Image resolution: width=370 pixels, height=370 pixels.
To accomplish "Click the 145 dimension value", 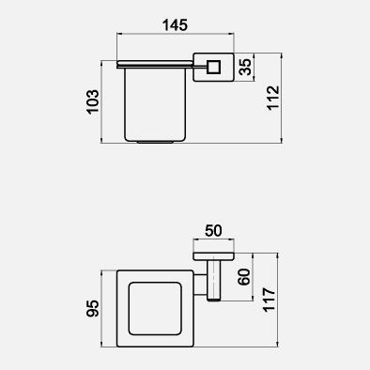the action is pyautogui.click(x=175, y=25).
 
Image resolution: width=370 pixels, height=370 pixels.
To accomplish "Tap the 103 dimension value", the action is pyautogui.click(x=93, y=102).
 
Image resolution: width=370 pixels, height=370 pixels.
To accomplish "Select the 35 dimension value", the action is pyautogui.click(x=245, y=67).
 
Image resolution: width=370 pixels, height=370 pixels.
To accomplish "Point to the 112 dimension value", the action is pyautogui.click(x=273, y=98).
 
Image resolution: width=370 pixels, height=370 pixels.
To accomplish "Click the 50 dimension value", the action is pyautogui.click(x=213, y=231).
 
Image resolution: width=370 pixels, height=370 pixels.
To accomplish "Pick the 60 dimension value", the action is pyautogui.click(x=244, y=277).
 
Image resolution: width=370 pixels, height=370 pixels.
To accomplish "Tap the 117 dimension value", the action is pyautogui.click(x=270, y=300).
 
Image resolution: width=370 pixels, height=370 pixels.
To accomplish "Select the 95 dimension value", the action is pyautogui.click(x=93, y=308).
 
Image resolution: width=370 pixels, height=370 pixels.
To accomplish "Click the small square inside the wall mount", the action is pyautogui.click(x=213, y=68).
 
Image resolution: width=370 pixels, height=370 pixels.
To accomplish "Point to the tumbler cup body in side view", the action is pyautogui.click(x=155, y=104).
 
